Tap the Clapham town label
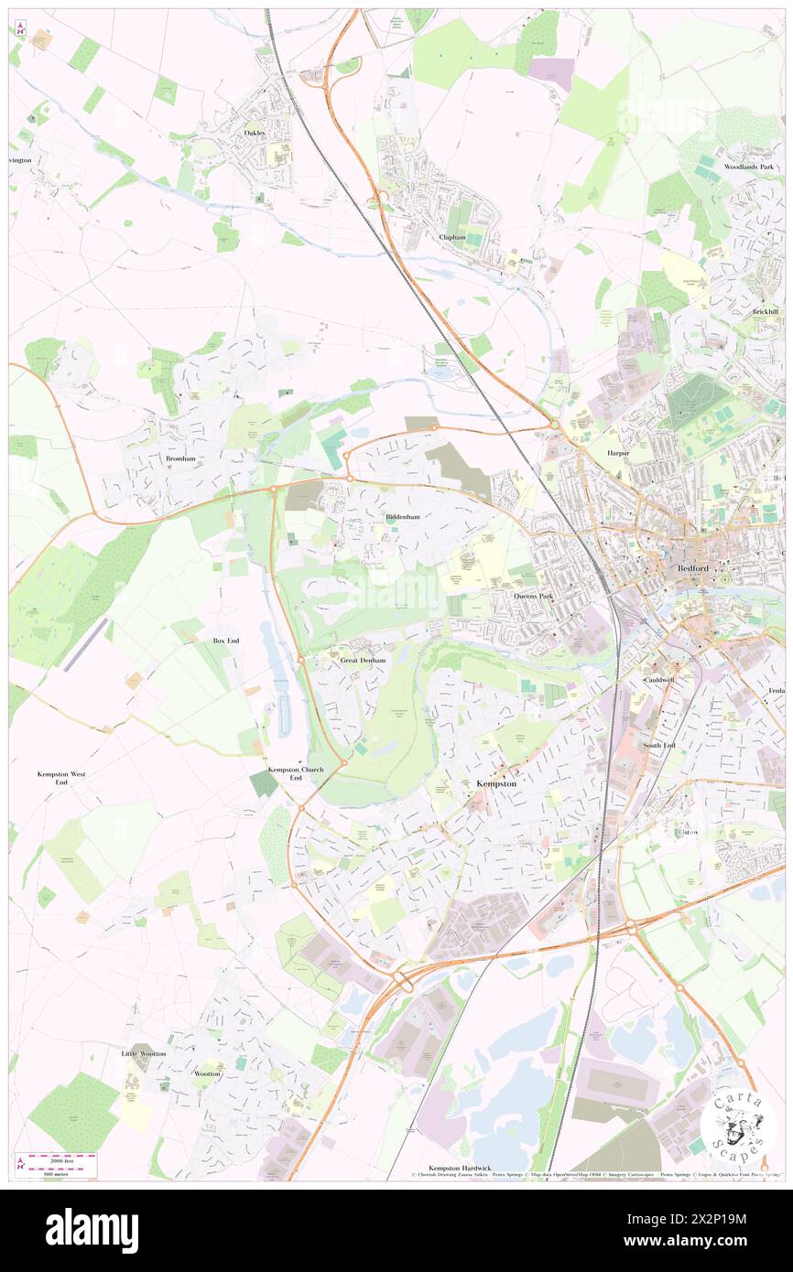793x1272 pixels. tap(452, 237)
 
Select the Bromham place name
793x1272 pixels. tap(181, 458)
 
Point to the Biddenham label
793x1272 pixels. tap(401, 516)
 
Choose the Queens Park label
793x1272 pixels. tap(533, 596)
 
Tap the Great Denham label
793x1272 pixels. tap(363, 659)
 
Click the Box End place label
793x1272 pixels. tap(226, 641)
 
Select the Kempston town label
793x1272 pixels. tap(497, 784)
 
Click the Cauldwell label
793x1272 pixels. tap(658, 681)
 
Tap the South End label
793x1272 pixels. tap(658, 745)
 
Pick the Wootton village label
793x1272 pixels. tap(207, 1073)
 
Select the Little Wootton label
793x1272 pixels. tap(144, 1053)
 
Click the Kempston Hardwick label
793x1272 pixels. tap(460, 1169)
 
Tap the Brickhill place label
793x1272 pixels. tap(766, 311)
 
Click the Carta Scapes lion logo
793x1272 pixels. tap(738, 1123)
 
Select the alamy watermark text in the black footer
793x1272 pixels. tap(92, 1230)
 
